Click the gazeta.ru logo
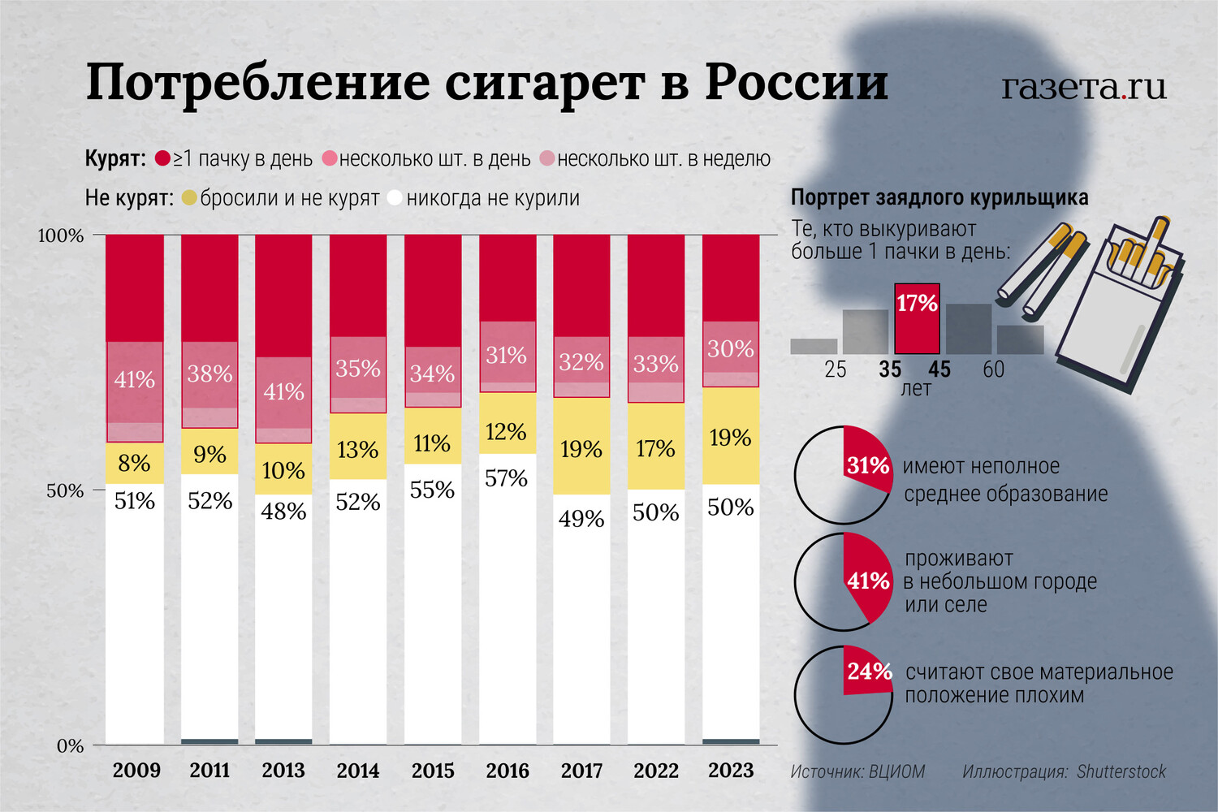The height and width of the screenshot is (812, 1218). pos(1083,87)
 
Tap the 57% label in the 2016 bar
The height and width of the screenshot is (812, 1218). pos(506,478)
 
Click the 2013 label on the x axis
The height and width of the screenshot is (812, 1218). pos(283,770)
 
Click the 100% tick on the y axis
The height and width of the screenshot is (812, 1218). pos(62,235)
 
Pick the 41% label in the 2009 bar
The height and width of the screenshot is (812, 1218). pos(135,379)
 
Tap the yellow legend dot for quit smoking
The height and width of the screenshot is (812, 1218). pos(189,198)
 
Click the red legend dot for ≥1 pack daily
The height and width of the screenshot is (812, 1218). pos(162,158)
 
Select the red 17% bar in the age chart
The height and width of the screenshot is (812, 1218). pos(917,318)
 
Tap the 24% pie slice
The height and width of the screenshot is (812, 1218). pos(866,672)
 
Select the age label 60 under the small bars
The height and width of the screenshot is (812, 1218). pos(993,369)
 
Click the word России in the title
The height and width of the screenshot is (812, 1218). pos(797,83)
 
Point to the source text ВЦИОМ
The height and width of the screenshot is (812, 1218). pos(896,771)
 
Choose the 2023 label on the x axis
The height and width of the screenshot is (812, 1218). pos(731,770)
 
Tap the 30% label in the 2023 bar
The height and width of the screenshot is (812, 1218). pos(730,349)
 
